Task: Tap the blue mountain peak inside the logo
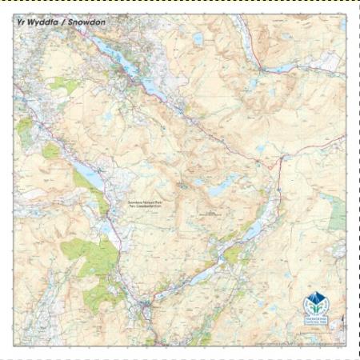pyautogui.click(x=315, y=299)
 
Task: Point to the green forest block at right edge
pyautogui.click(x=338, y=212)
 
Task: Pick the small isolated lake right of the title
pyautogui.click(x=198, y=37)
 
